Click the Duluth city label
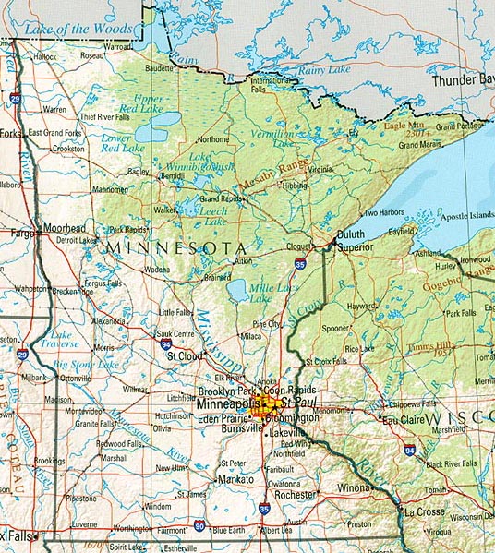(351, 234)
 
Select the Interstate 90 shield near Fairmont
(200, 527)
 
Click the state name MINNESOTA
(175, 248)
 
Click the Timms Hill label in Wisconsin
(427, 344)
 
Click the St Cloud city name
(184, 354)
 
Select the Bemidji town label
(172, 175)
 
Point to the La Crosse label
(419, 511)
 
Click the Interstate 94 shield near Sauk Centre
(163, 343)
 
